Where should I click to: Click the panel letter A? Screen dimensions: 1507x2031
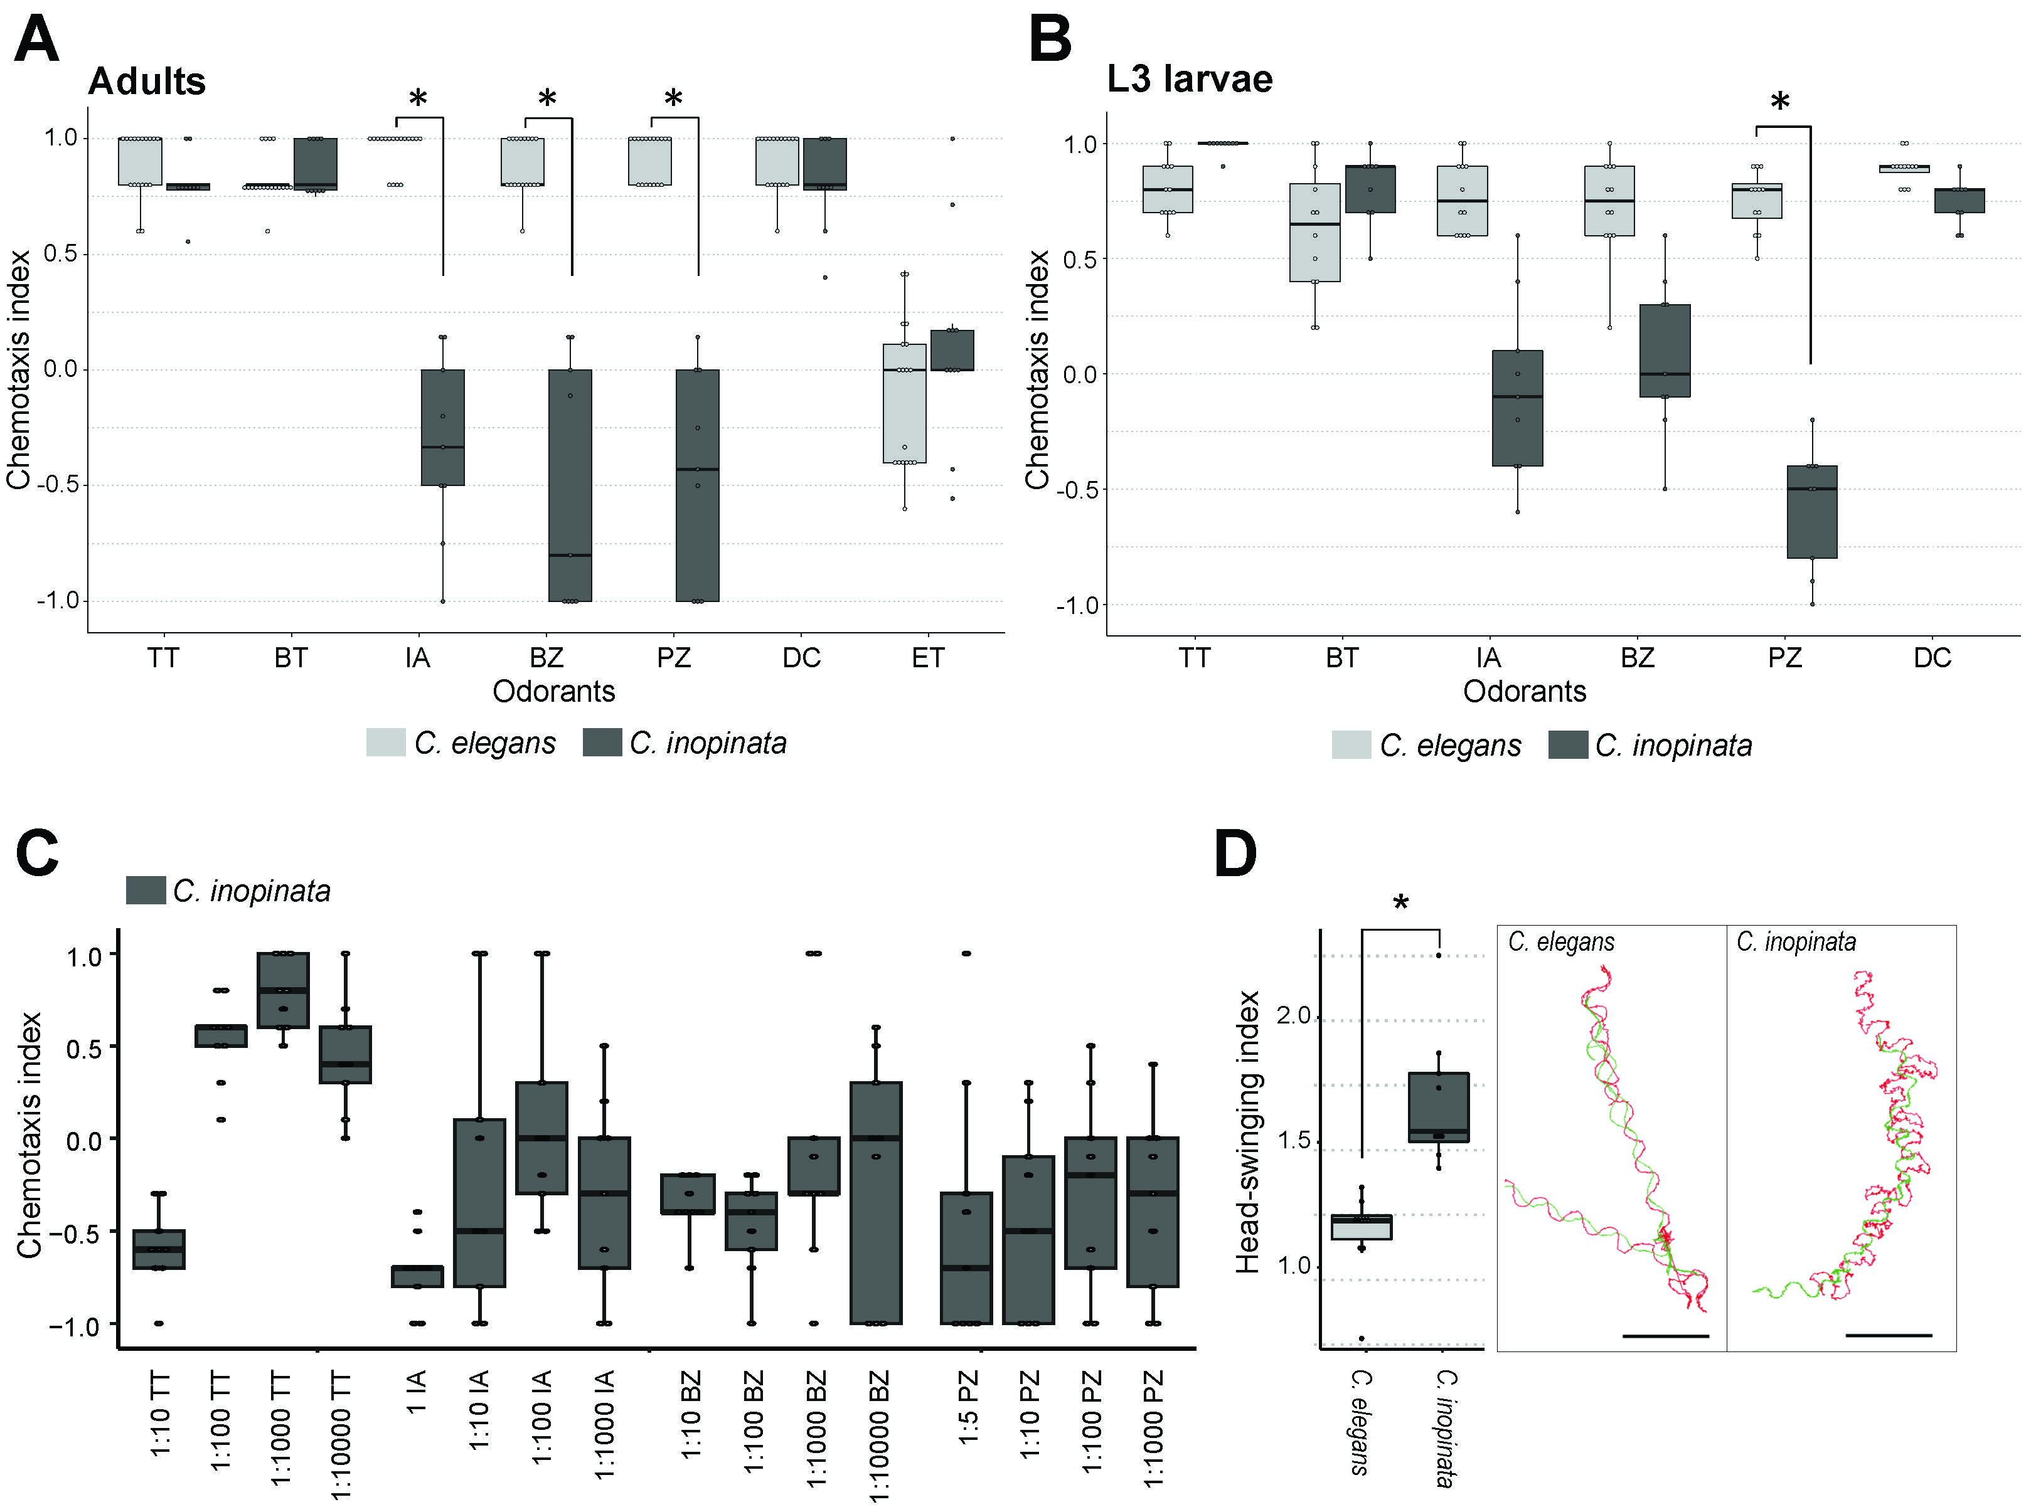(x=36, y=41)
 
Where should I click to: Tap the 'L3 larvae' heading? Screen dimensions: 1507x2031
(x=1189, y=80)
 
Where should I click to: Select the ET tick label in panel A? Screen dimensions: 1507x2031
(x=928, y=658)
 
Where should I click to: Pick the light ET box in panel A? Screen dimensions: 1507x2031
(x=904, y=403)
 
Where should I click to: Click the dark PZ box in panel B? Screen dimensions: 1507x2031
(x=1811, y=512)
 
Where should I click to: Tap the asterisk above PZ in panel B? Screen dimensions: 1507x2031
(x=1779, y=103)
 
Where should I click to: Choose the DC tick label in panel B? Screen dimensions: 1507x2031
(x=1931, y=658)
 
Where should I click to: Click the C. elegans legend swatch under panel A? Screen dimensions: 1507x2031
(x=385, y=743)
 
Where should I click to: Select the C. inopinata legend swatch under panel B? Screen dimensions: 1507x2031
(x=1567, y=745)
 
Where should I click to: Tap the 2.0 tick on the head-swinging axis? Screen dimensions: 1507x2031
(x=1293, y=1016)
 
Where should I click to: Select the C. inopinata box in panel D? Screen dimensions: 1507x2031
(x=1438, y=1108)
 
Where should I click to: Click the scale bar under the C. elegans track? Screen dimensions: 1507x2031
(x=1665, y=1336)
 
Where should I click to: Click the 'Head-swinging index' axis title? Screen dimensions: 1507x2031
(x=1247, y=1132)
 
